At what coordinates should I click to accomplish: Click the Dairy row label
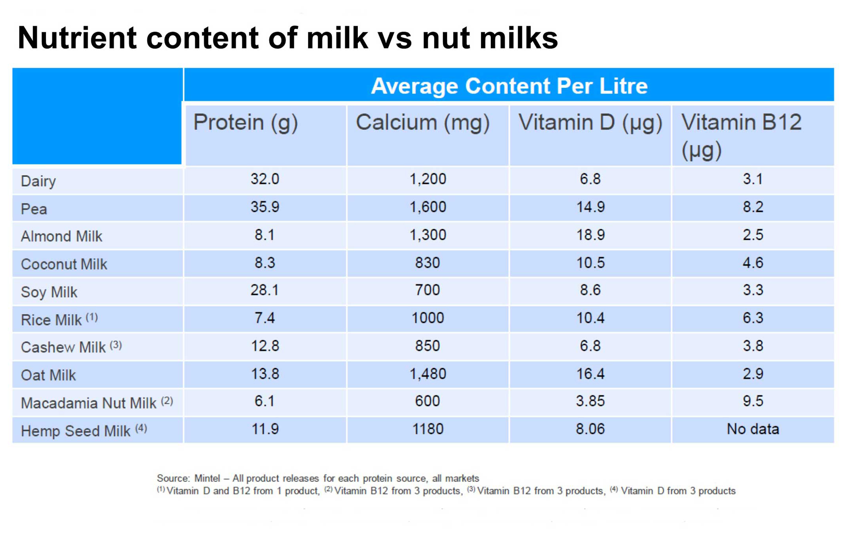tap(38, 181)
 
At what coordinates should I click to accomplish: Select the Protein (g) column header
tap(245, 122)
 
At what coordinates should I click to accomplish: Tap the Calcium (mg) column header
tap(422, 122)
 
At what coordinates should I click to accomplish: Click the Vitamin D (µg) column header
tap(590, 122)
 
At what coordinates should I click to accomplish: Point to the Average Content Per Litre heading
tap(509, 86)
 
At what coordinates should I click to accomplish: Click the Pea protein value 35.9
tap(265, 207)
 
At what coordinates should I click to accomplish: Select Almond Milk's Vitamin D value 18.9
tap(590, 235)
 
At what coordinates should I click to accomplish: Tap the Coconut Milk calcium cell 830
tap(427, 263)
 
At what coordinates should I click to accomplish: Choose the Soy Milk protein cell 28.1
tap(265, 290)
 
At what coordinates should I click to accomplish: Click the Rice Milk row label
tap(59, 319)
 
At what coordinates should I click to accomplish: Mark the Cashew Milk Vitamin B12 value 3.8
tap(753, 346)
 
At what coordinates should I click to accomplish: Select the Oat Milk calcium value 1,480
tap(428, 374)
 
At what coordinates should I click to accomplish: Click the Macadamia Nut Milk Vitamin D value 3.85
tap(590, 401)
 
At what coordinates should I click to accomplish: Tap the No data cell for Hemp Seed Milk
tap(753, 429)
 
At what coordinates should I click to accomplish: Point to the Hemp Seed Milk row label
tap(83, 430)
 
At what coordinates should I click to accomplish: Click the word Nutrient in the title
tap(77, 38)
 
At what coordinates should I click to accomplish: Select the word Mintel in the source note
tap(207, 478)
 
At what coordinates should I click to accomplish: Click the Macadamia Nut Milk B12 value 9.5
tap(753, 401)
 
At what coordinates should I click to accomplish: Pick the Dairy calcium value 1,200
tap(428, 179)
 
